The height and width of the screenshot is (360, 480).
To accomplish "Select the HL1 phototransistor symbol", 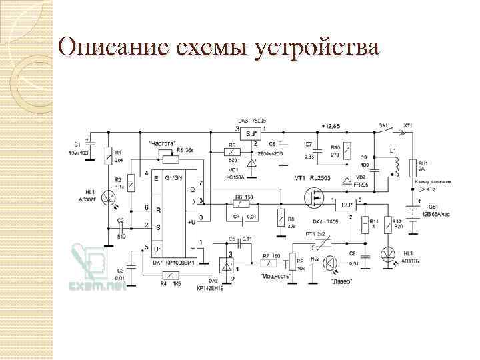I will (106, 197).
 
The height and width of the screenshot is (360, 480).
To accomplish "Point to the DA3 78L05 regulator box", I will (251, 134).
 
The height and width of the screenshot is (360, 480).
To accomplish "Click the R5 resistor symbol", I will (233, 153).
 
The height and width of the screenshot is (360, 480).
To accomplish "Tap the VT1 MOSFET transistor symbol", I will (313, 198).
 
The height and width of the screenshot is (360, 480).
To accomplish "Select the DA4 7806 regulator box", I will (345, 204).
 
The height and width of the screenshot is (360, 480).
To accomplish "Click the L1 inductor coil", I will (395, 167).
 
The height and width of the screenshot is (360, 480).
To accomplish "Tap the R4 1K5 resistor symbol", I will (172, 275).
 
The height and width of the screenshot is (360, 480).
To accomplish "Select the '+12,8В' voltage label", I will (330, 125).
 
